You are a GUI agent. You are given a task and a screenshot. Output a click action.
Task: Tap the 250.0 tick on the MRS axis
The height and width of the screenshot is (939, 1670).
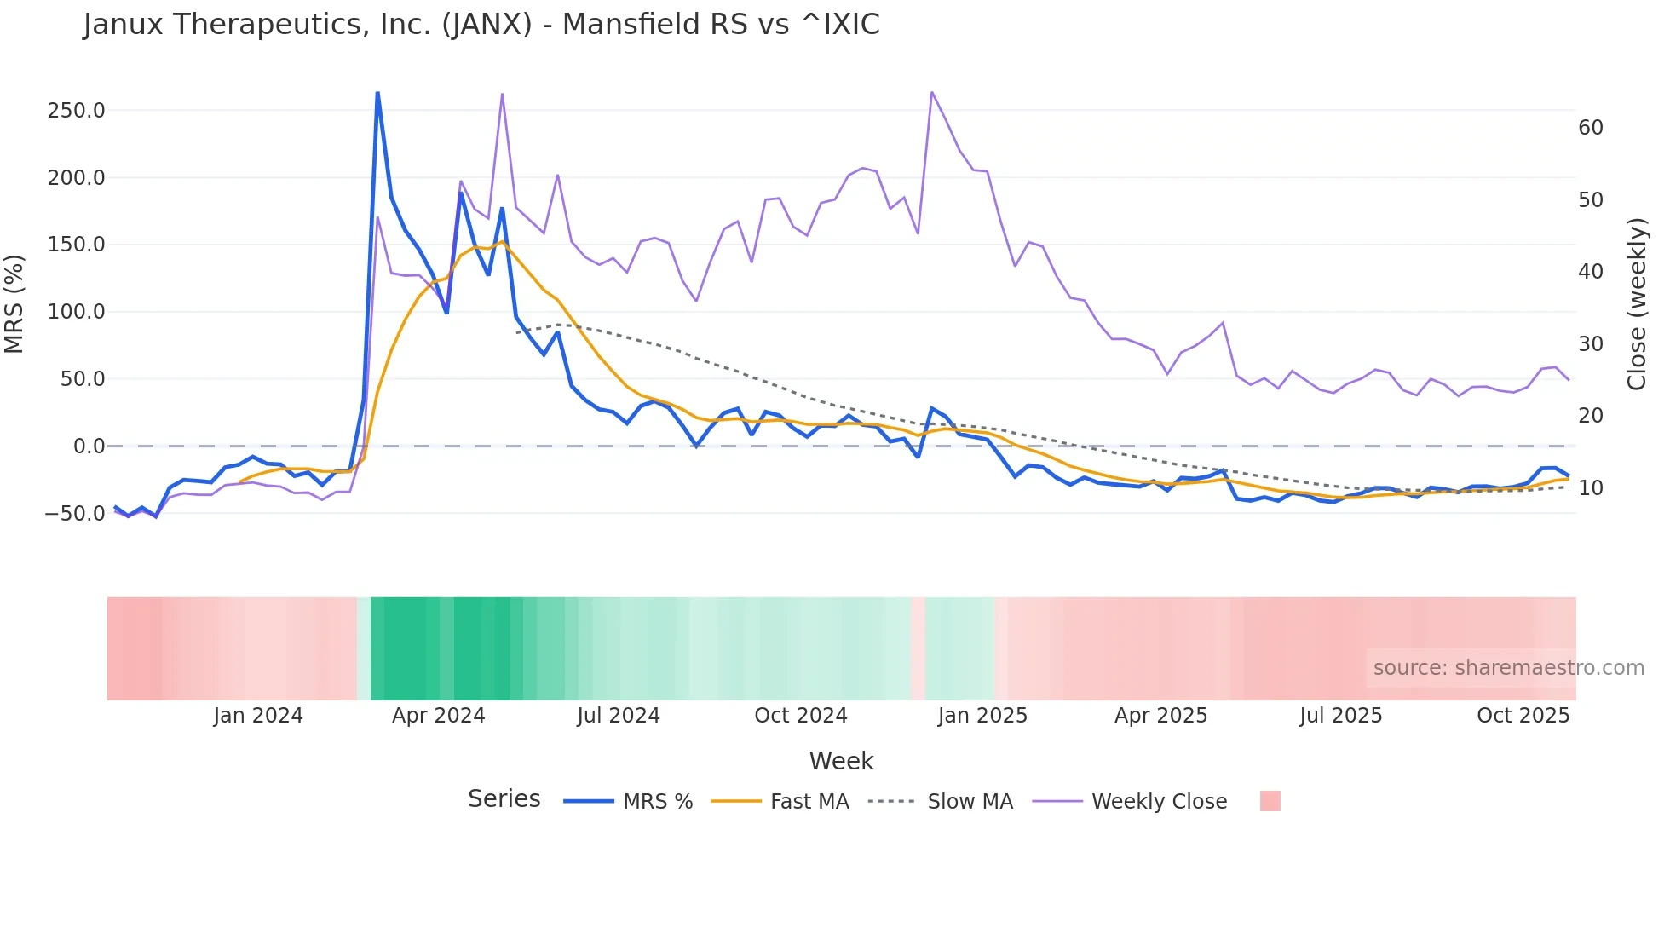click(x=76, y=111)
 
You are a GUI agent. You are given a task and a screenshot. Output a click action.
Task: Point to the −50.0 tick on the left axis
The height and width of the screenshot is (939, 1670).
click(x=75, y=514)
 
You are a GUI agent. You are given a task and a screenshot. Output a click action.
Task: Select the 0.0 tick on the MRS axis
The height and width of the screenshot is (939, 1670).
click(x=89, y=446)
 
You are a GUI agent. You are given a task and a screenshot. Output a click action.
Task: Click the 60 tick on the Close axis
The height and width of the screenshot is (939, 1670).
click(x=1590, y=128)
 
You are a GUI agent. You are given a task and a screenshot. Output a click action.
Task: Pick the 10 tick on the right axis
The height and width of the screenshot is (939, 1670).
click(x=1590, y=488)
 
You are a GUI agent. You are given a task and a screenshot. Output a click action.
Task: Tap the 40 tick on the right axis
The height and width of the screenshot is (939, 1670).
click(x=1590, y=272)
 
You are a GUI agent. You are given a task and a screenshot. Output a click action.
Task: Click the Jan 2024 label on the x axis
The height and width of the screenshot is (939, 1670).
click(x=257, y=716)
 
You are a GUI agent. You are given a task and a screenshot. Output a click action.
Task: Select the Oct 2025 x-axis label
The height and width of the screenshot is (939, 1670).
click(x=1523, y=716)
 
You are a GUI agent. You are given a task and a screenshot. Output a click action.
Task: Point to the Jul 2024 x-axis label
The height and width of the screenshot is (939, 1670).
click(x=618, y=716)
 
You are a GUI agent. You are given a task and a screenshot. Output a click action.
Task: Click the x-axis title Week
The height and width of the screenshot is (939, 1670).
click(x=841, y=761)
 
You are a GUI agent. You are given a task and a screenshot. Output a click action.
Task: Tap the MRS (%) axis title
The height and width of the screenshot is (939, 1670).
click(x=14, y=304)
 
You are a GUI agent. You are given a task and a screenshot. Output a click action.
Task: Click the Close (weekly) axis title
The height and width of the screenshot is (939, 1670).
click(x=1637, y=304)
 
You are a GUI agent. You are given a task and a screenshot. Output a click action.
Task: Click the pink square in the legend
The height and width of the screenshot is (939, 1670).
click(x=1270, y=801)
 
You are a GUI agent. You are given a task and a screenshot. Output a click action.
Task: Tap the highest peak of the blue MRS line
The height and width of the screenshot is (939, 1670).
click(x=377, y=93)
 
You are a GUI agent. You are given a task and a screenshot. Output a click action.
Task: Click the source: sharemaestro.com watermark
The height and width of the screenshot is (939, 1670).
click(x=1508, y=668)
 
